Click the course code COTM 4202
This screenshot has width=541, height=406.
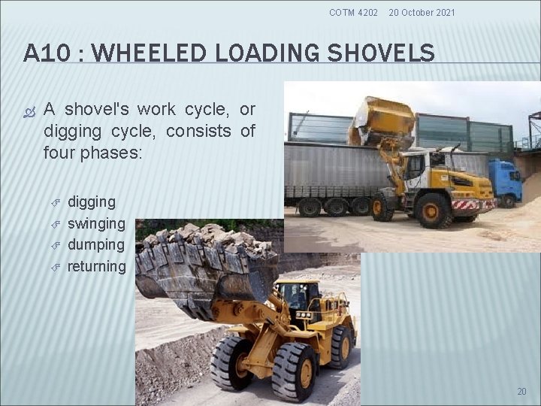pyautogui.click(x=354, y=13)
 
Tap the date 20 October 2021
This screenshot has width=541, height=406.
pyautogui.click(x=422, y=13)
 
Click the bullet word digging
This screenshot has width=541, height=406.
pyautogui.click(x=92, y=201)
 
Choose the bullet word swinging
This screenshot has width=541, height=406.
pyautogui.click(x=96, y=223)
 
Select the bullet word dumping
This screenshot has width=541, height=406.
pyautogui.click(x=96, y=244)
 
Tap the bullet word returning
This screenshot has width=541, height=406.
pyautogui.click(x=97, y=266)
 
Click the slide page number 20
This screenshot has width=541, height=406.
pyautogui.click(x=522, y=391)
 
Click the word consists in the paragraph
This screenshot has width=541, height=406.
pyautogui.click(x=198, y=131)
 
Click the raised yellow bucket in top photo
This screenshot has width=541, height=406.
pyautogui.click(x=381, y=122)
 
